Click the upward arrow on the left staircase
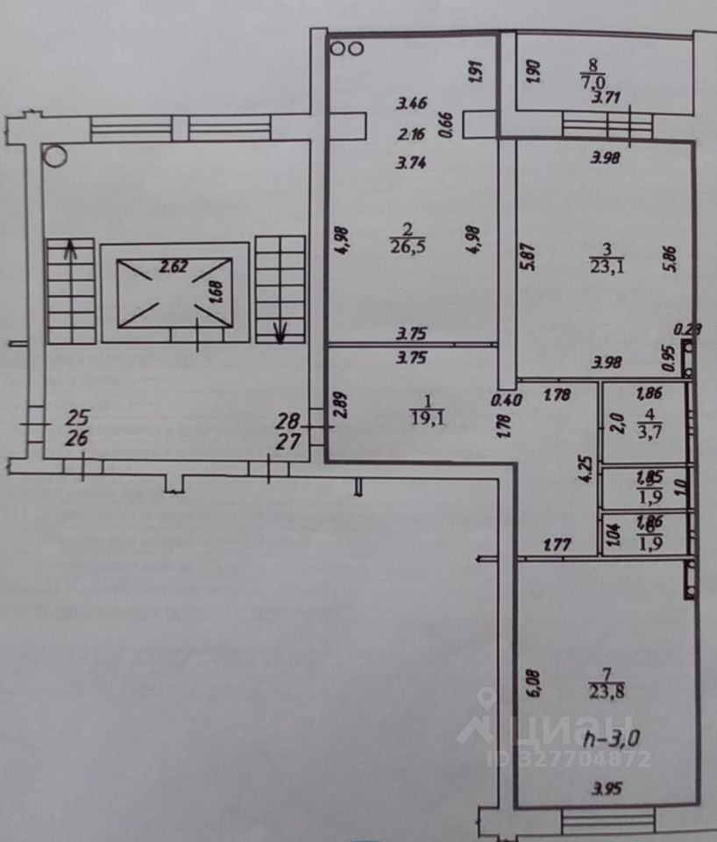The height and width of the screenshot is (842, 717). click(70, 251)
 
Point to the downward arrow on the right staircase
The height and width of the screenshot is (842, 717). click(281, 332)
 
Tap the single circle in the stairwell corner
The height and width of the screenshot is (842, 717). click(55, 157)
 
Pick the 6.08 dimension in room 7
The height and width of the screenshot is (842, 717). click(535, 683)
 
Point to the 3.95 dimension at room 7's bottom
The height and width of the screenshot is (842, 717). click(604, 789)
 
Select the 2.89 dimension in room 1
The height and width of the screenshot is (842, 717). click(342, 406)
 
